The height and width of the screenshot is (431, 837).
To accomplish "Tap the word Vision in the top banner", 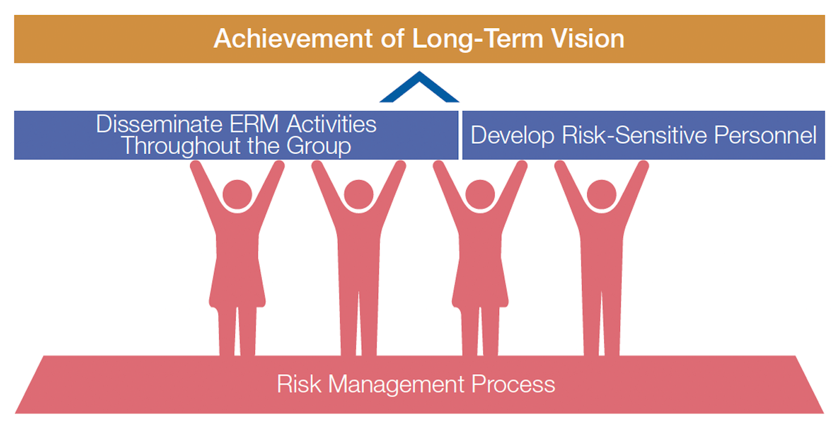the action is (588, 38).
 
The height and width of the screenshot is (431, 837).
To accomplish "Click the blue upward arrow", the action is (419, 87).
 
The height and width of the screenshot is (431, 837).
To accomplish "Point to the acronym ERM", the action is (254, 124).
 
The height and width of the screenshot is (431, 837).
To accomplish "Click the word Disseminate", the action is (159, 124).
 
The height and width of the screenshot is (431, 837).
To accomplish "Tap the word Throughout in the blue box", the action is (182, 146).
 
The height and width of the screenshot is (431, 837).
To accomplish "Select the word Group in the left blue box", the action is (319, 146).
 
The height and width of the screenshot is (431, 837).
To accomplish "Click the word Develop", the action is (512, 135).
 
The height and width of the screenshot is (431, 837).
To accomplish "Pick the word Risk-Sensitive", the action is (634, 135).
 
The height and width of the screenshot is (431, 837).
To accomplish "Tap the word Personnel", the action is (765, 135).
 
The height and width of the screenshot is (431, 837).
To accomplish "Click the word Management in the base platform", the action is (396, 384).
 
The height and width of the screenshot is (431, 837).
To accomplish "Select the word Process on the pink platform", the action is (513, 384).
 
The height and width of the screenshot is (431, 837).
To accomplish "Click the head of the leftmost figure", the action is (237, 194).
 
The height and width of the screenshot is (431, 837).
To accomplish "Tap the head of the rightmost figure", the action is (601, 194).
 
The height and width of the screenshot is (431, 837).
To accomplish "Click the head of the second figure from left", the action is (359, 194).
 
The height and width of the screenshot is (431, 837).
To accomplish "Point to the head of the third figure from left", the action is (480, 194).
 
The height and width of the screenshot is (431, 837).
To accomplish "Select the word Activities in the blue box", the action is (332, 124).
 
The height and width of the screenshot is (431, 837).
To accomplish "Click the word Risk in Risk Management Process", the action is (299, 384).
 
